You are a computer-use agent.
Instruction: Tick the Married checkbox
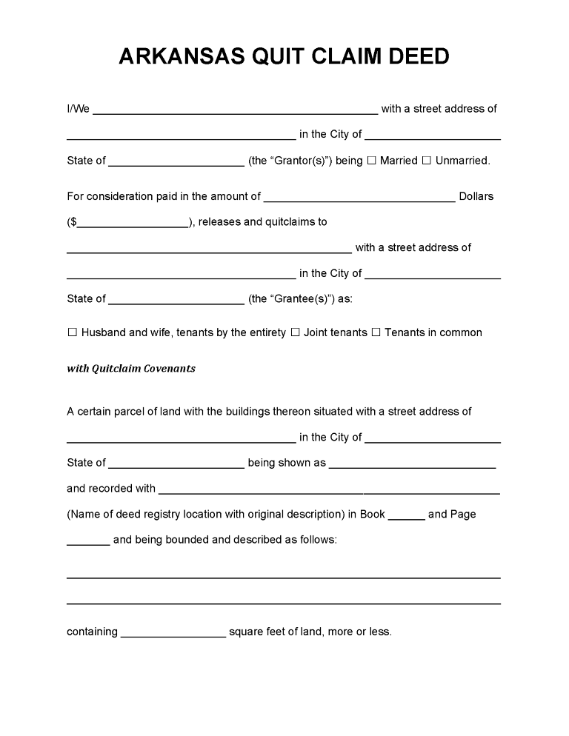point(372,161)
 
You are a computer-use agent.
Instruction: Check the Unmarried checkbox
point(427,161)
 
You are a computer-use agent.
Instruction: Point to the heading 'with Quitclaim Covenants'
point(131,369)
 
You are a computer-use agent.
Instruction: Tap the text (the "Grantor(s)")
point(290,161)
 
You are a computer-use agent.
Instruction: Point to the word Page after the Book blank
point(463,515)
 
